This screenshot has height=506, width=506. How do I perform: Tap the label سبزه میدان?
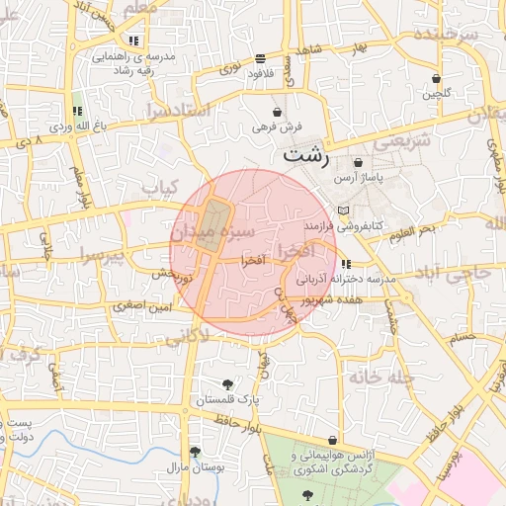tap(211, 230)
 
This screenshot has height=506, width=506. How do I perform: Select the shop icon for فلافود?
tap(260, 58)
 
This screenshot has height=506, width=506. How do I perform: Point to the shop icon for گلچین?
tap(436, 78)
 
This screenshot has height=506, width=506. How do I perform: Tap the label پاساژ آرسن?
tap(357, 178)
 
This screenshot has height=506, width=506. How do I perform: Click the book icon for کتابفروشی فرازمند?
tap(343, 211)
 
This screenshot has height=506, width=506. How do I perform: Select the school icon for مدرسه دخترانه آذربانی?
tap(345, 264)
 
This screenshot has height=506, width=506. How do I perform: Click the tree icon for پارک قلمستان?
tap(229, 384)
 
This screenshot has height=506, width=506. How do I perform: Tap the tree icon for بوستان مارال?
tap(195, 451)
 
